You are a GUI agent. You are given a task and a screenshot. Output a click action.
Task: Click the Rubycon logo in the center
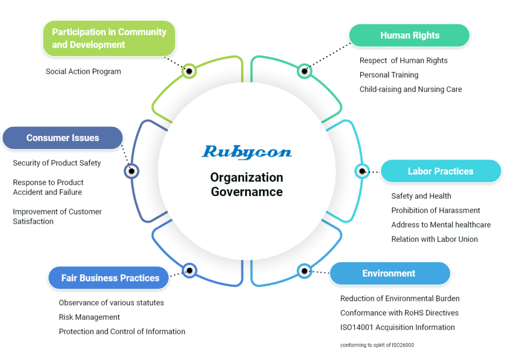click(x=247, y=152)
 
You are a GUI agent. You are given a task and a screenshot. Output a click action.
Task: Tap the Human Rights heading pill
click(x=409, y=36)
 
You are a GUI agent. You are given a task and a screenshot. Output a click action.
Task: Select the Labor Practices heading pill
click(x=441, y=171)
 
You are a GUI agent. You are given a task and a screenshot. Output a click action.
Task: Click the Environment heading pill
click(x=389, y=274)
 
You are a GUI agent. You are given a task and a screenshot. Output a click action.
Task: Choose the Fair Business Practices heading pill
click(x=110, y=278)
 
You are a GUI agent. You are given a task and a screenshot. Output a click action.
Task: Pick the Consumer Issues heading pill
click(x=63, y=138)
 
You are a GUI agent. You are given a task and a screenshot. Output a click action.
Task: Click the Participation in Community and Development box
click(x=109, y=38)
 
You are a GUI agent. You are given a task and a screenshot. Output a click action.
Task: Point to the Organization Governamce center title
click(x=247, y=184)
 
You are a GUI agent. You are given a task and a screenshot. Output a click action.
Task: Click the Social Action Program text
click(x=83, y=72)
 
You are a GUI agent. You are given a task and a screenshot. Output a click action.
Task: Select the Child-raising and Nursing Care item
click(x=411, y=89)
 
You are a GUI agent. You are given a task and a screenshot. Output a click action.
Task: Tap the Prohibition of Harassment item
click(x=436, y=210)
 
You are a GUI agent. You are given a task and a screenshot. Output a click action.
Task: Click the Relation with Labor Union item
click(x=435, y=239)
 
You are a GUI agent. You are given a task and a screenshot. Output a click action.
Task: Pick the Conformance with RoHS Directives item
click(x=399, y=313)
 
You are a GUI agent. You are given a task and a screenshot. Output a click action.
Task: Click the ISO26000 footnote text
click(x=377, y=345)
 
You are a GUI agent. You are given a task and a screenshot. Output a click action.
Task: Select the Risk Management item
click(x=89, y=317)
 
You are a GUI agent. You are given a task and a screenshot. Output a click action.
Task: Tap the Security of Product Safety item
click(x=57, y=163)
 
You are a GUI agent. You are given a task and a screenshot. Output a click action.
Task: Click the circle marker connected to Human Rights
click(x=305, y=71)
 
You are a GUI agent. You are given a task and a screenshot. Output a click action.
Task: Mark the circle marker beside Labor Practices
click(x=362, y=171)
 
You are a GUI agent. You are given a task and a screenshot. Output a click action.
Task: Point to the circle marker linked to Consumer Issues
click(x=131, y=171)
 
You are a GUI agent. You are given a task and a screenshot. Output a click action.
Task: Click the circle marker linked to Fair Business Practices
click(x=190, y=271)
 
